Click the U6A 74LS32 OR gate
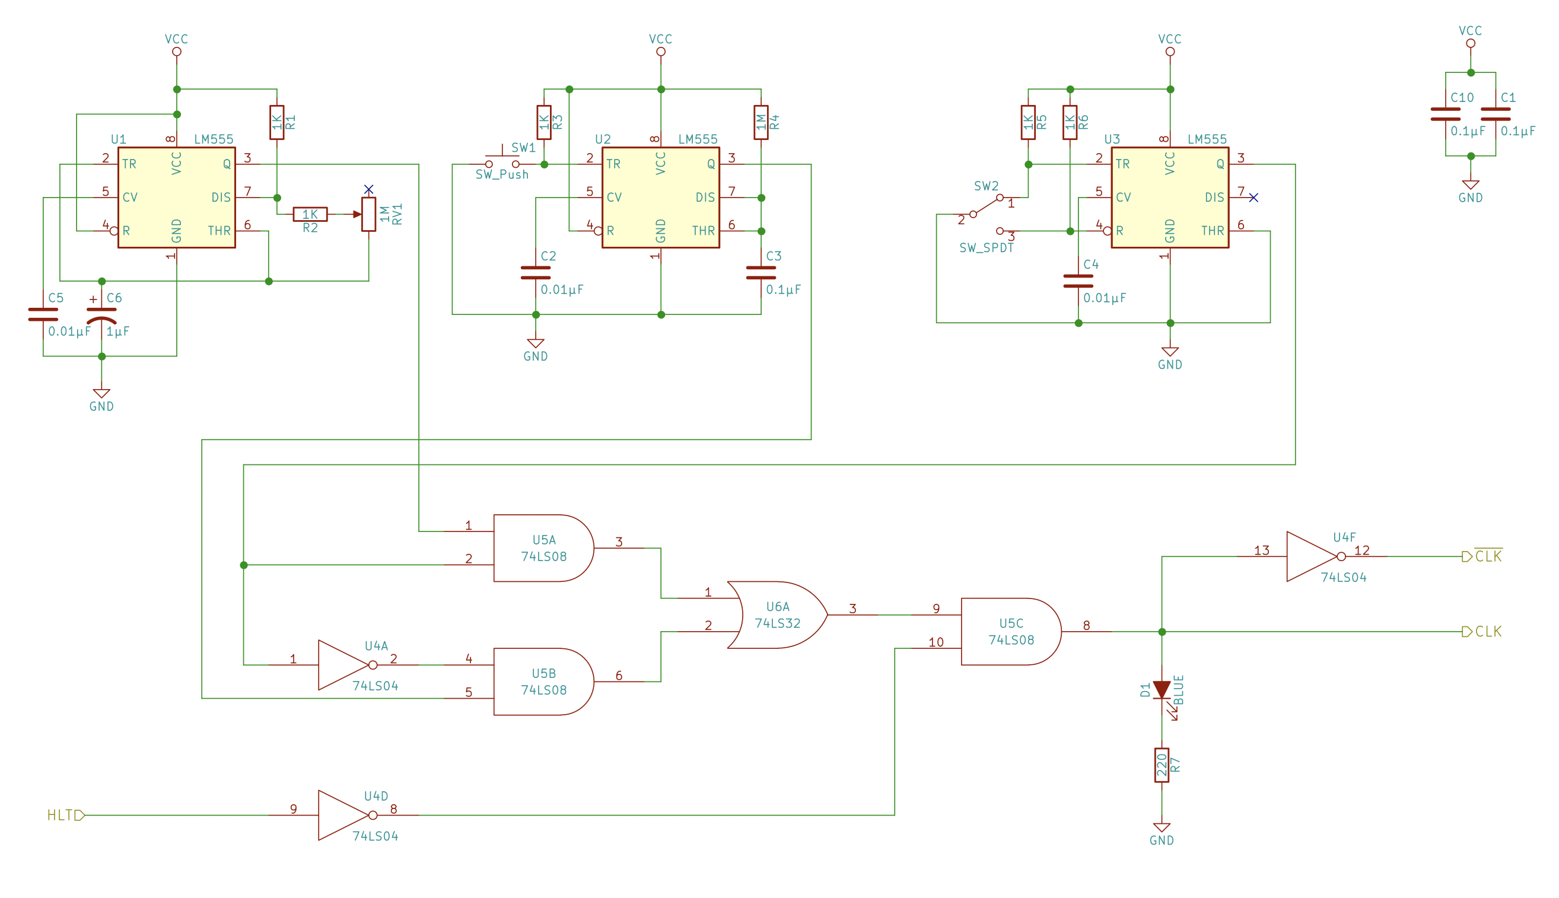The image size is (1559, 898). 777,615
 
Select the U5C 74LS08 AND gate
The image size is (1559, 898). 1010,632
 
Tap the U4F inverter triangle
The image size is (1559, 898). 1310,556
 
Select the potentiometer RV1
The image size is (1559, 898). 369,214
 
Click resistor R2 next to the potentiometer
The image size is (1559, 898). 310,214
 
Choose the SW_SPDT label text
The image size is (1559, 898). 986,248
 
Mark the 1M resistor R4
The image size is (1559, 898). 761,122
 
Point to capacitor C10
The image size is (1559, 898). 1446,114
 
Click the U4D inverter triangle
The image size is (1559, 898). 343,816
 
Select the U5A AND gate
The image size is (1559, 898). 543,548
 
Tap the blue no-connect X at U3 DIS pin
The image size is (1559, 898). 1253,198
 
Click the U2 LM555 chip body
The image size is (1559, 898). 660,198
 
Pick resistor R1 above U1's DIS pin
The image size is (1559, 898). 277,122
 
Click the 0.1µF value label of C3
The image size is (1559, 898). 783,289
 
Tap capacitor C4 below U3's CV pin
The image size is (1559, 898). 1078,281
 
